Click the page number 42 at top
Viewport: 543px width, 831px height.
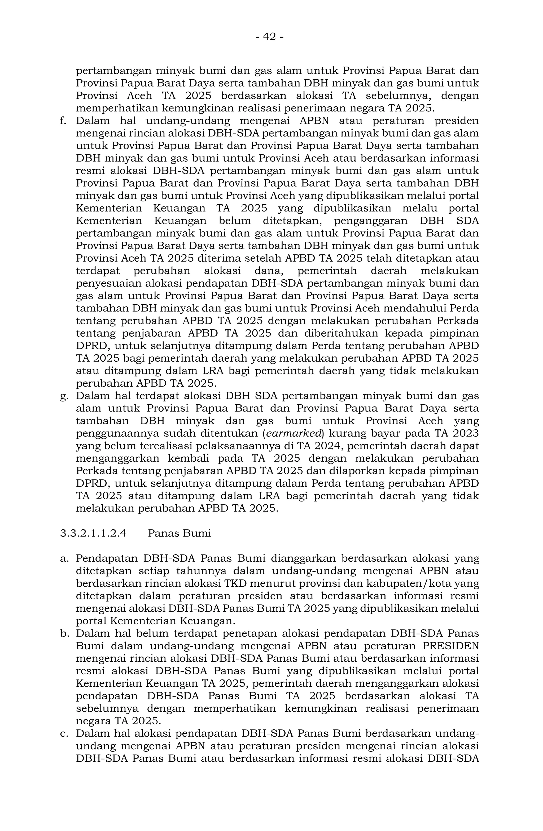(269, 36)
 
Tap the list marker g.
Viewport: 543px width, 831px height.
(64, 396)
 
